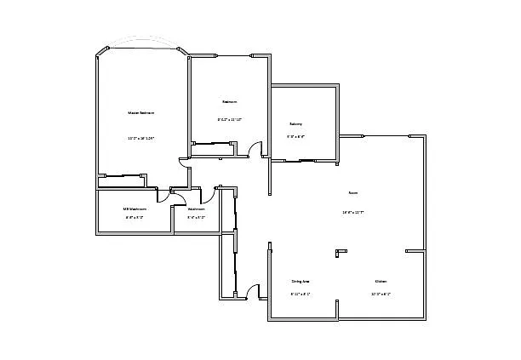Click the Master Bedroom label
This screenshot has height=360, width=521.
[x=141, y=112]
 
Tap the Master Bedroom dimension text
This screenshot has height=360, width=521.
[x=141, y=137]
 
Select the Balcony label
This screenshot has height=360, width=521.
[x=295, y=123]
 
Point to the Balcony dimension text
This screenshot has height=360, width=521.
[x=295, y=136]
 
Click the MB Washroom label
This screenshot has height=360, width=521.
[x=135, y=209]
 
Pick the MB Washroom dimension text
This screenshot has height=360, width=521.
[x=135, y=217]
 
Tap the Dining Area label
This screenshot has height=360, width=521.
[x=300, y=281]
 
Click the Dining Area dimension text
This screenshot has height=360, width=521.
[x=300, y=294]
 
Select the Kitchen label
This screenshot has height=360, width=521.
[x=381, y=281]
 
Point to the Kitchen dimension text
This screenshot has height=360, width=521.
[x=381, y=294]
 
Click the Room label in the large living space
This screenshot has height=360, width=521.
[x=352, y=192]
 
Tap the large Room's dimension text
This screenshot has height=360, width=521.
[x=352, y=212]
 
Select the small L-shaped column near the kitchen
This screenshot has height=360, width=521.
[x=341, y=252]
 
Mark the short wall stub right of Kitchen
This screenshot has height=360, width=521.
[x=415, y=251]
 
